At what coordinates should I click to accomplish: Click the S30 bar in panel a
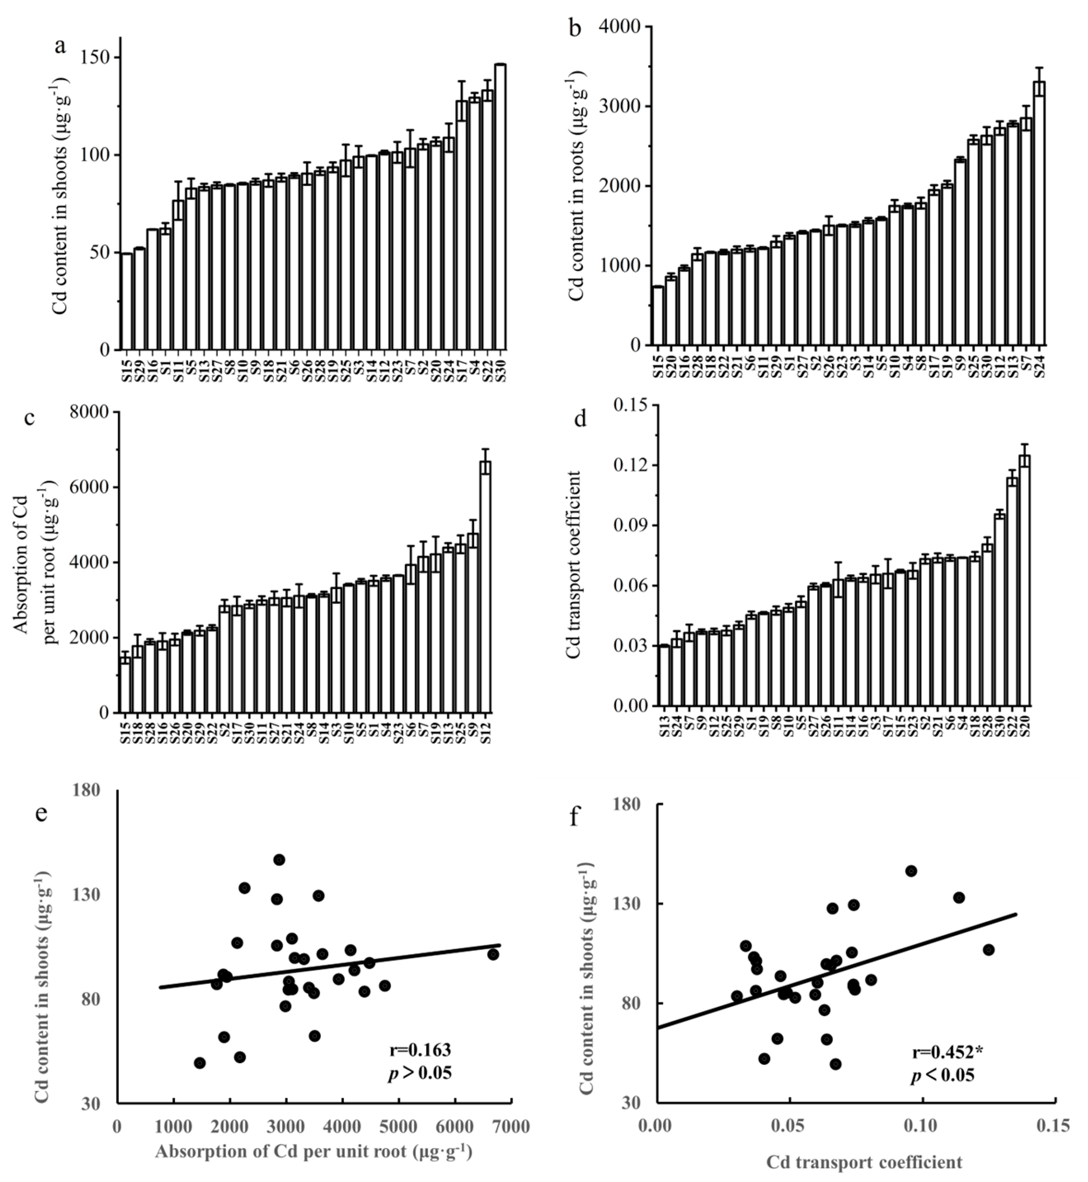(500, 206)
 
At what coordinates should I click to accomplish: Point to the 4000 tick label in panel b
(623, 27)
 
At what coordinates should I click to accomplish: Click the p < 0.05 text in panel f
(942, 1076)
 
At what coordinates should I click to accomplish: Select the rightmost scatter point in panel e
(493, 954)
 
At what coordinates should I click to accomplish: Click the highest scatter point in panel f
(911, 871)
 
